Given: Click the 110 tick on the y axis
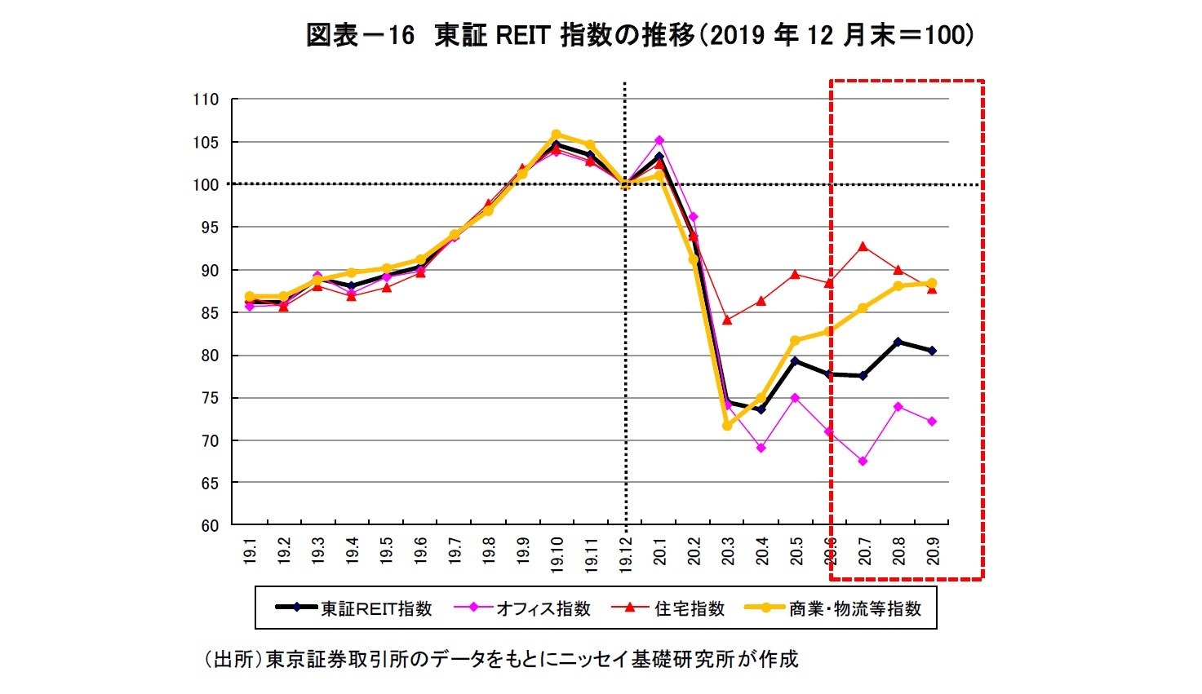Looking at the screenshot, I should pos(206,99).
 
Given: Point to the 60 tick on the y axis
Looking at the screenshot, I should pos(210,526).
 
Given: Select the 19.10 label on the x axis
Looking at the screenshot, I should pos(557,555).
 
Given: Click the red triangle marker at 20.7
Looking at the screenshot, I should pos(863,246).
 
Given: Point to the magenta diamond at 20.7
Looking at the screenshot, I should pos(863,462).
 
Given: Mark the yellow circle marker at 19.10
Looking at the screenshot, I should pos(557,135).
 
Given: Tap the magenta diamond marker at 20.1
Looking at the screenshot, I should pos(659,140).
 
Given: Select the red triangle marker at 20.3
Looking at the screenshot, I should pos(727,320).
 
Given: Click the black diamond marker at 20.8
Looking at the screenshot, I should pos(898,342).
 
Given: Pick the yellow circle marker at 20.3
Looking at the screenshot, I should pos(727,426).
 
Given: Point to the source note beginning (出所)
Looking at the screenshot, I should pos(500,659).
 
